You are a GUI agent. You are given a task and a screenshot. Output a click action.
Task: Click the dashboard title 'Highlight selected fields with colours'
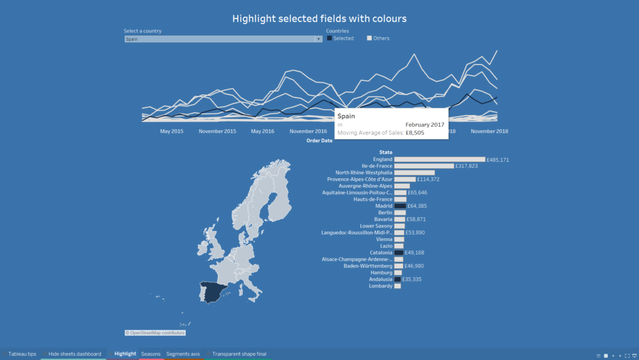pos(319,19)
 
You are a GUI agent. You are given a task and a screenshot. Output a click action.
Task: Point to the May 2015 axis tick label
pos(172,131)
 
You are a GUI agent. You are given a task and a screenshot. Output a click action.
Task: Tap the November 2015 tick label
pos(217,131)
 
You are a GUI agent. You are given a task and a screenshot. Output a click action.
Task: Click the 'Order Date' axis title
pos(319,141)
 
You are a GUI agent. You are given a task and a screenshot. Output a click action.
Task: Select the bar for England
pos(439,160)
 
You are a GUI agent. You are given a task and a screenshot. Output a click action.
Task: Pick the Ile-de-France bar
pos(424,166)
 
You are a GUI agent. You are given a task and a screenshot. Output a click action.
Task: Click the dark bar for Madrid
pos(400,206)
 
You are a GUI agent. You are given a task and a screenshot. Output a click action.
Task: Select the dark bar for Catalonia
pos(399,253)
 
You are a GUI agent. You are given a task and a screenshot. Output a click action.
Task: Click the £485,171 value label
pos(498,160)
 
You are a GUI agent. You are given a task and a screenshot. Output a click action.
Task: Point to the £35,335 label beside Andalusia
pos(412,279)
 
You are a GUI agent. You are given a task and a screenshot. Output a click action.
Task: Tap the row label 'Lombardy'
pos(380,286)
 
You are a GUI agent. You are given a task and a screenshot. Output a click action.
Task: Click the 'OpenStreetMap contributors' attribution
pos(155,333)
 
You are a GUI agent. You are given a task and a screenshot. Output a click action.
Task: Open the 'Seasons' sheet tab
pos(151,354)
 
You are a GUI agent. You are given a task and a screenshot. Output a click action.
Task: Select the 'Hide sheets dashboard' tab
pos(75,354)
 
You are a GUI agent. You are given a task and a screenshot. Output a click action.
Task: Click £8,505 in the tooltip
pos(414,133)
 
